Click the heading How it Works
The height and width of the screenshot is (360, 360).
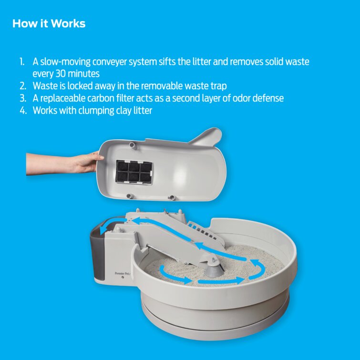49,23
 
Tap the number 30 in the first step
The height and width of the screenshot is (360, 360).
61,74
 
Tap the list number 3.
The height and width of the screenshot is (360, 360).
23,98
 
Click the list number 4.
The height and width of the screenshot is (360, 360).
23,111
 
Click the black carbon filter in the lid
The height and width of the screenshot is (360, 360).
134,172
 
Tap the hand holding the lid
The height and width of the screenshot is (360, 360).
67,163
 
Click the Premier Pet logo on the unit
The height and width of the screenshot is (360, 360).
123,273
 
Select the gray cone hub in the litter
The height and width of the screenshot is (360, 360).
214,269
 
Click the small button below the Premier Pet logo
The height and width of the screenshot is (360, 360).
123,278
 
